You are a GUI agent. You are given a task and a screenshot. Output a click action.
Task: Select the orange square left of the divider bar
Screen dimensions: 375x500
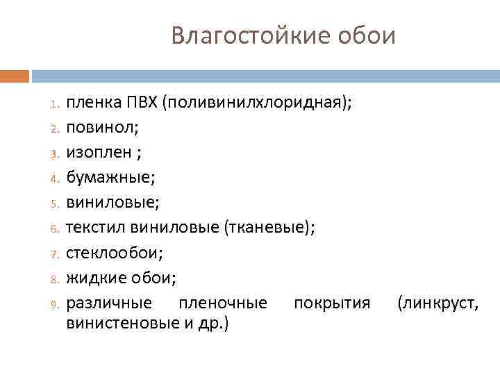click(15, 76)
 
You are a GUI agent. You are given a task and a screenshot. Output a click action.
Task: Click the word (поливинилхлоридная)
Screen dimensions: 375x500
click(257, 103)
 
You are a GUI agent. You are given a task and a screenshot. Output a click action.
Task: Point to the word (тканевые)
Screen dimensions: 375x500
click(270, 228)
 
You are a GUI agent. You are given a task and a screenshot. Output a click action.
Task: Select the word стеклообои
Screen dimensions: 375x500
click(115, 253)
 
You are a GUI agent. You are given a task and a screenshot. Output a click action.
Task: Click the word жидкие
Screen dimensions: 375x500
click(92, 278)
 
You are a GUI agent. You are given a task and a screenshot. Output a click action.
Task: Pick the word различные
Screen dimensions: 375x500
click(111, 303)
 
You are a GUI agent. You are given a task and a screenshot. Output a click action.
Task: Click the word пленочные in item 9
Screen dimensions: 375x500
click(222, 303)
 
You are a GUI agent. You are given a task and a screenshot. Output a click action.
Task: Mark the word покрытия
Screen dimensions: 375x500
click(332, 303)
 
